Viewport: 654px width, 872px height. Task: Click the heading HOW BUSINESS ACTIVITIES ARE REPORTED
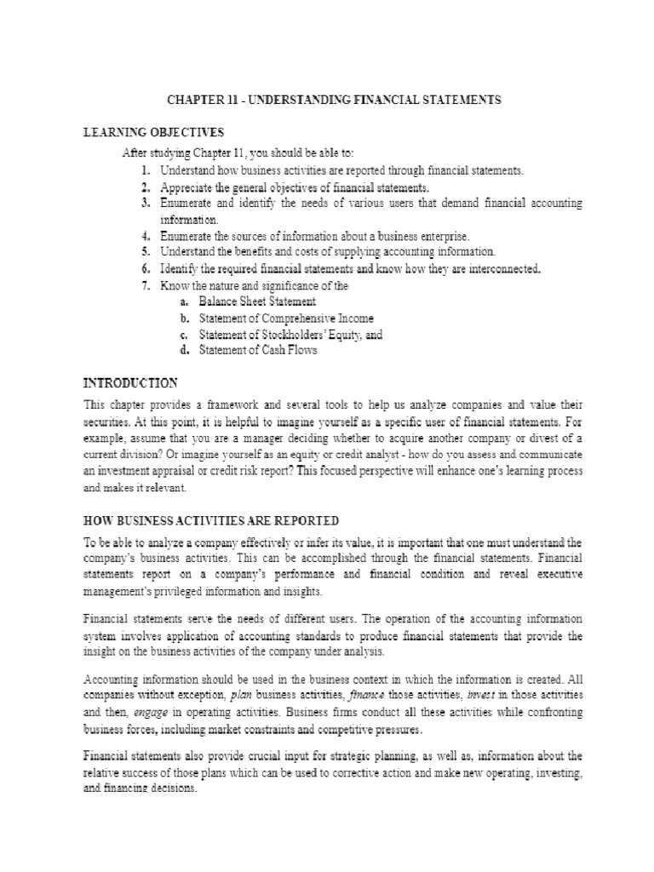(210, 520)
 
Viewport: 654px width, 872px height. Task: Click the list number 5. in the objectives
(146, 251)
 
